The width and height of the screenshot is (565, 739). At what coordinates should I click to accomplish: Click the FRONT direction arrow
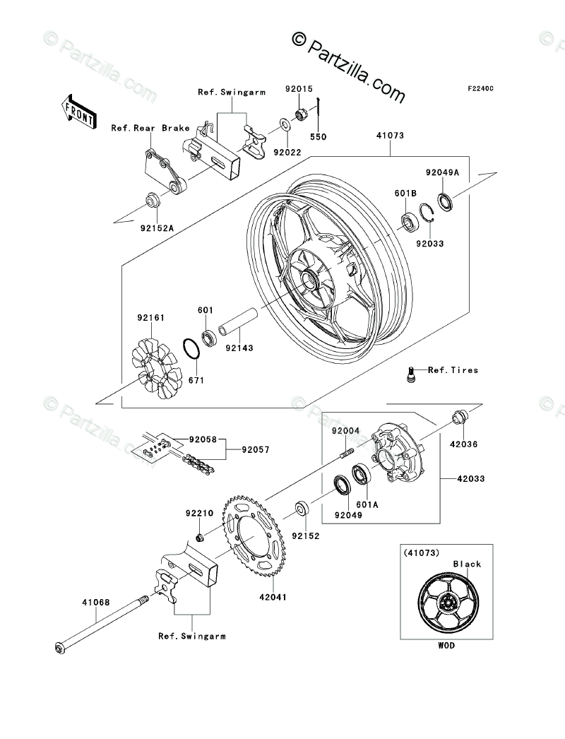point(79,111)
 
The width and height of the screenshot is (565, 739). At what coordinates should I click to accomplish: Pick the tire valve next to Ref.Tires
point(410,374)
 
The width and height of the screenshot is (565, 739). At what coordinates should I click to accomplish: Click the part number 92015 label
point(298,89)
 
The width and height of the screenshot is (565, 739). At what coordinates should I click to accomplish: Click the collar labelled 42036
point(458,418)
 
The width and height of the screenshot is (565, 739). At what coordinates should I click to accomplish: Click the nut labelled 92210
point(201,539)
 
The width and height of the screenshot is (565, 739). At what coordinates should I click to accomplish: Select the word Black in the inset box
point(468,564)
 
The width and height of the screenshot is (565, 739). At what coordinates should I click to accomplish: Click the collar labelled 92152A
point(152,201)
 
